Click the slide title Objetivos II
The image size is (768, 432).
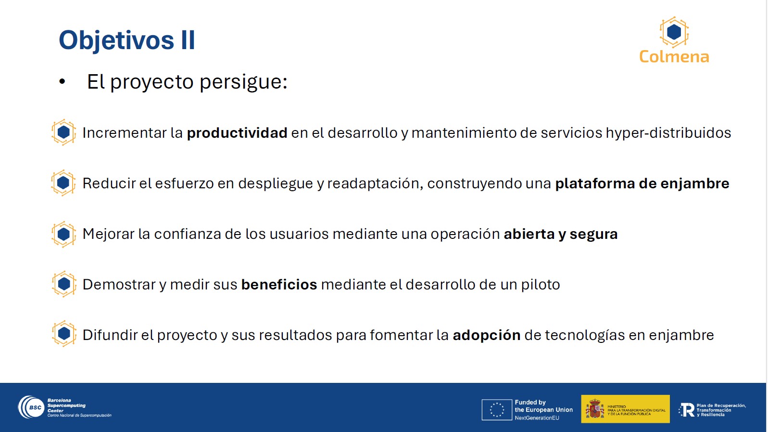coord(127,40)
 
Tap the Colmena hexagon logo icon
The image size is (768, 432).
coord(674,32)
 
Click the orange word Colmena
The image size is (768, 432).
coord(674,57)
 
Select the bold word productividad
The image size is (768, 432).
coord(237,133)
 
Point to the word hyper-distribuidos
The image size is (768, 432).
coord(668,133)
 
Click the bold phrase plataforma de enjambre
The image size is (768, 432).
coord(642,183)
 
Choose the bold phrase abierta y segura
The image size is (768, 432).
coord(561,234)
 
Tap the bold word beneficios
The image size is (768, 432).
coord(279,284)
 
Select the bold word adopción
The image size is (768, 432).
coord(487,335)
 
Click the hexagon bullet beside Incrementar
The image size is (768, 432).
coord(64,132)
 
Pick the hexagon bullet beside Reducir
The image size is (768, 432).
coord(63,183)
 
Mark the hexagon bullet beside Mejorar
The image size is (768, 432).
coord(64,234)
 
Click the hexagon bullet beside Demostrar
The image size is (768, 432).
coord(64,284)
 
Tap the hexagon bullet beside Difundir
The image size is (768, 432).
coord(64,333)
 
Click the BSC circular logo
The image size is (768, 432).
coord(31,407)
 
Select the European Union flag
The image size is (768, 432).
coord(497,410)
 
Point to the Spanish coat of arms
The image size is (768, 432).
coord(595,409)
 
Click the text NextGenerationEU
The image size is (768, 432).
coord(537,418)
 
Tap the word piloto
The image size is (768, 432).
coord(541,285)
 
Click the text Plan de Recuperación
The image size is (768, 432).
coord(721,406)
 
